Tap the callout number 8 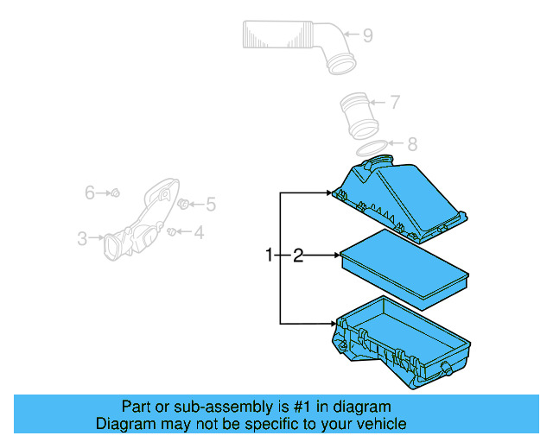click(412, 144)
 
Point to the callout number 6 click(89, 193)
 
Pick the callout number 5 click(210, 205)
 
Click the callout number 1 click(270, 256)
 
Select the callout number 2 click(297, 256)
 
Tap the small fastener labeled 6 click(117, 193)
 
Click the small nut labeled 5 click(183, 204)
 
